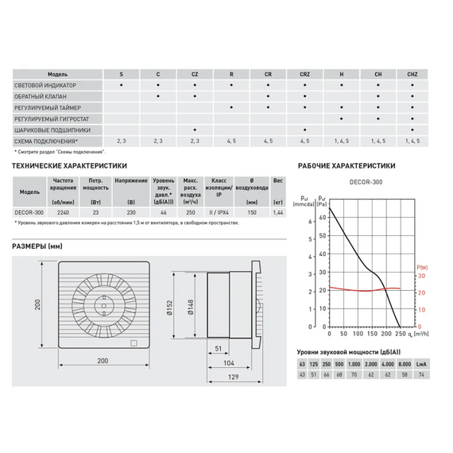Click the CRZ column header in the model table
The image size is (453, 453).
(x=304, y=73)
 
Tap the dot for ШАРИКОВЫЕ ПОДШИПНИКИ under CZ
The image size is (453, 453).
(x=195, y=129)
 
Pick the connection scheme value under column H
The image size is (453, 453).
(x=341, y=140)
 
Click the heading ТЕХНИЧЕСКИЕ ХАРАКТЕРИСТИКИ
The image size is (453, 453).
(x=69, y=166)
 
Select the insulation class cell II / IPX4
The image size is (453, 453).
(x=219, y=212)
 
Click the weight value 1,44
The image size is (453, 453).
(x=277, y=212)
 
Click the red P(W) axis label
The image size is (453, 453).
(x=421, y=267)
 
